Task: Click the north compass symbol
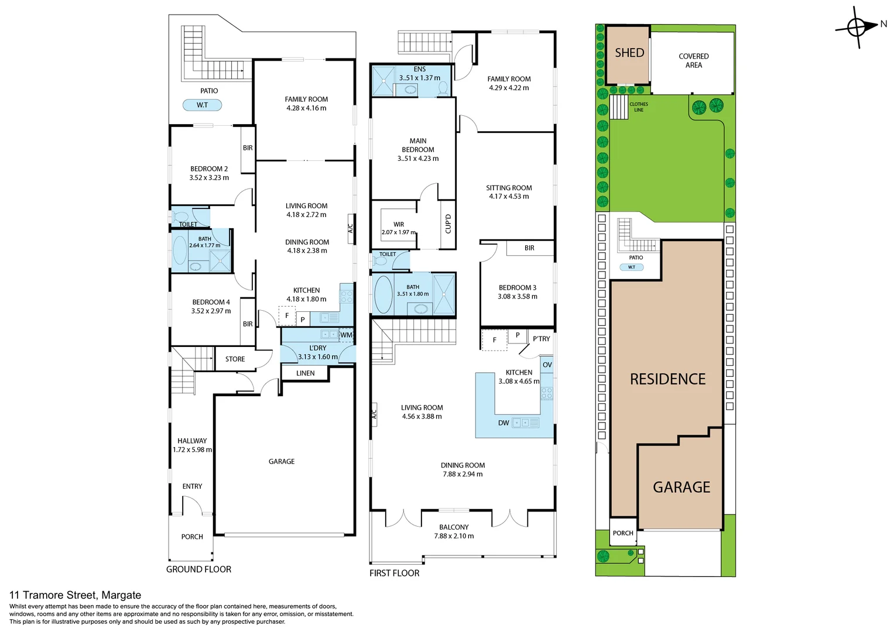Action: coord(857,27)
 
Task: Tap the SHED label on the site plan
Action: coord(629,53)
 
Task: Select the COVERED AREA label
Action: coord(693,61)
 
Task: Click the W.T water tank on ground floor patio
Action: coord(202,105)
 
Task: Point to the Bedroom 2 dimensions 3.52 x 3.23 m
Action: coord(209,178)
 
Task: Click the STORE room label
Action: coord(235,359)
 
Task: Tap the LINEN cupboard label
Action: coord(305,373)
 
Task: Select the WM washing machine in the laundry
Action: coord(346,335)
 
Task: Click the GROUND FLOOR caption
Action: coord(198,569)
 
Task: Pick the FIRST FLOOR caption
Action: coord(394,573)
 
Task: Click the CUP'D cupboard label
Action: coord(448,224)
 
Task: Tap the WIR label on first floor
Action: coord(399,224)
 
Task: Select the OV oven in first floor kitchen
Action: coord(547,365)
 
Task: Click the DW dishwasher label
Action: coord(503,423)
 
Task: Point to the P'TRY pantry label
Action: coord(541,339)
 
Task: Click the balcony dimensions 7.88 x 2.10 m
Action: coord(454,536)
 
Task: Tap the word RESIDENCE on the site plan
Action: coord(667,379)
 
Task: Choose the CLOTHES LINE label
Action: coord(639,107)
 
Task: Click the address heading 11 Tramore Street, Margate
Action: coord(75,595)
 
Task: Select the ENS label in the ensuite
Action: coord(419,69)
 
